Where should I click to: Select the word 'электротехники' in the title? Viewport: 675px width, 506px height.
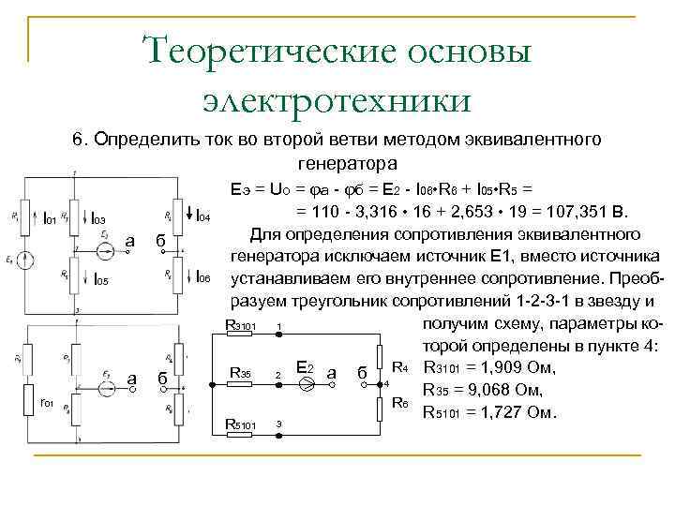[337, 97]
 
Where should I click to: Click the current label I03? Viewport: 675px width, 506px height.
[98, 219]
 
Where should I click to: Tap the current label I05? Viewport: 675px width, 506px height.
[101, 279]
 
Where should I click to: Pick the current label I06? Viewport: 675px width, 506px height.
[206, 278]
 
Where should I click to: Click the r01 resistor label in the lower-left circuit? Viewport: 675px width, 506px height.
[47, 404]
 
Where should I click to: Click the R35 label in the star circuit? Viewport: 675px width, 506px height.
[240, 373]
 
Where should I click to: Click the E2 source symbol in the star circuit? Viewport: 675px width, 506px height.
[304, 382]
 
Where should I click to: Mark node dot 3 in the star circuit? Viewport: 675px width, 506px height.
[277, 424]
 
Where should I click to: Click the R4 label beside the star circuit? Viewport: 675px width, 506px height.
[399, 365]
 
